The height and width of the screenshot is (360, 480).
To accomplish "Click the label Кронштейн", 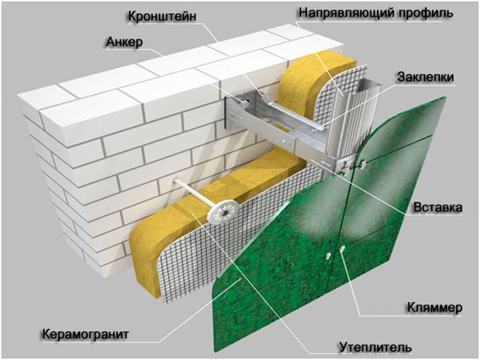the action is click(x=162, y=16).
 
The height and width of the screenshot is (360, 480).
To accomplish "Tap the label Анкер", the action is click(x=124, y=42).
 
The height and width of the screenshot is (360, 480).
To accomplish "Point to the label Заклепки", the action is click(x=425, y=77).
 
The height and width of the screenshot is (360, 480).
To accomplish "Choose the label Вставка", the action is click(x=437, y=208).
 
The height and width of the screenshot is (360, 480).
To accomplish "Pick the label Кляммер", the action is click(x=434, y=307).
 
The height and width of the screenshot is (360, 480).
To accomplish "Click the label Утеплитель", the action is click(x=375, y=347).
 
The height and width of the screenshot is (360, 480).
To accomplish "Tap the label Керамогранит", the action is click(x=86, y=334).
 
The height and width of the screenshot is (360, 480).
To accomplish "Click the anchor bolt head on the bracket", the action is click(x=245, y=103).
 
